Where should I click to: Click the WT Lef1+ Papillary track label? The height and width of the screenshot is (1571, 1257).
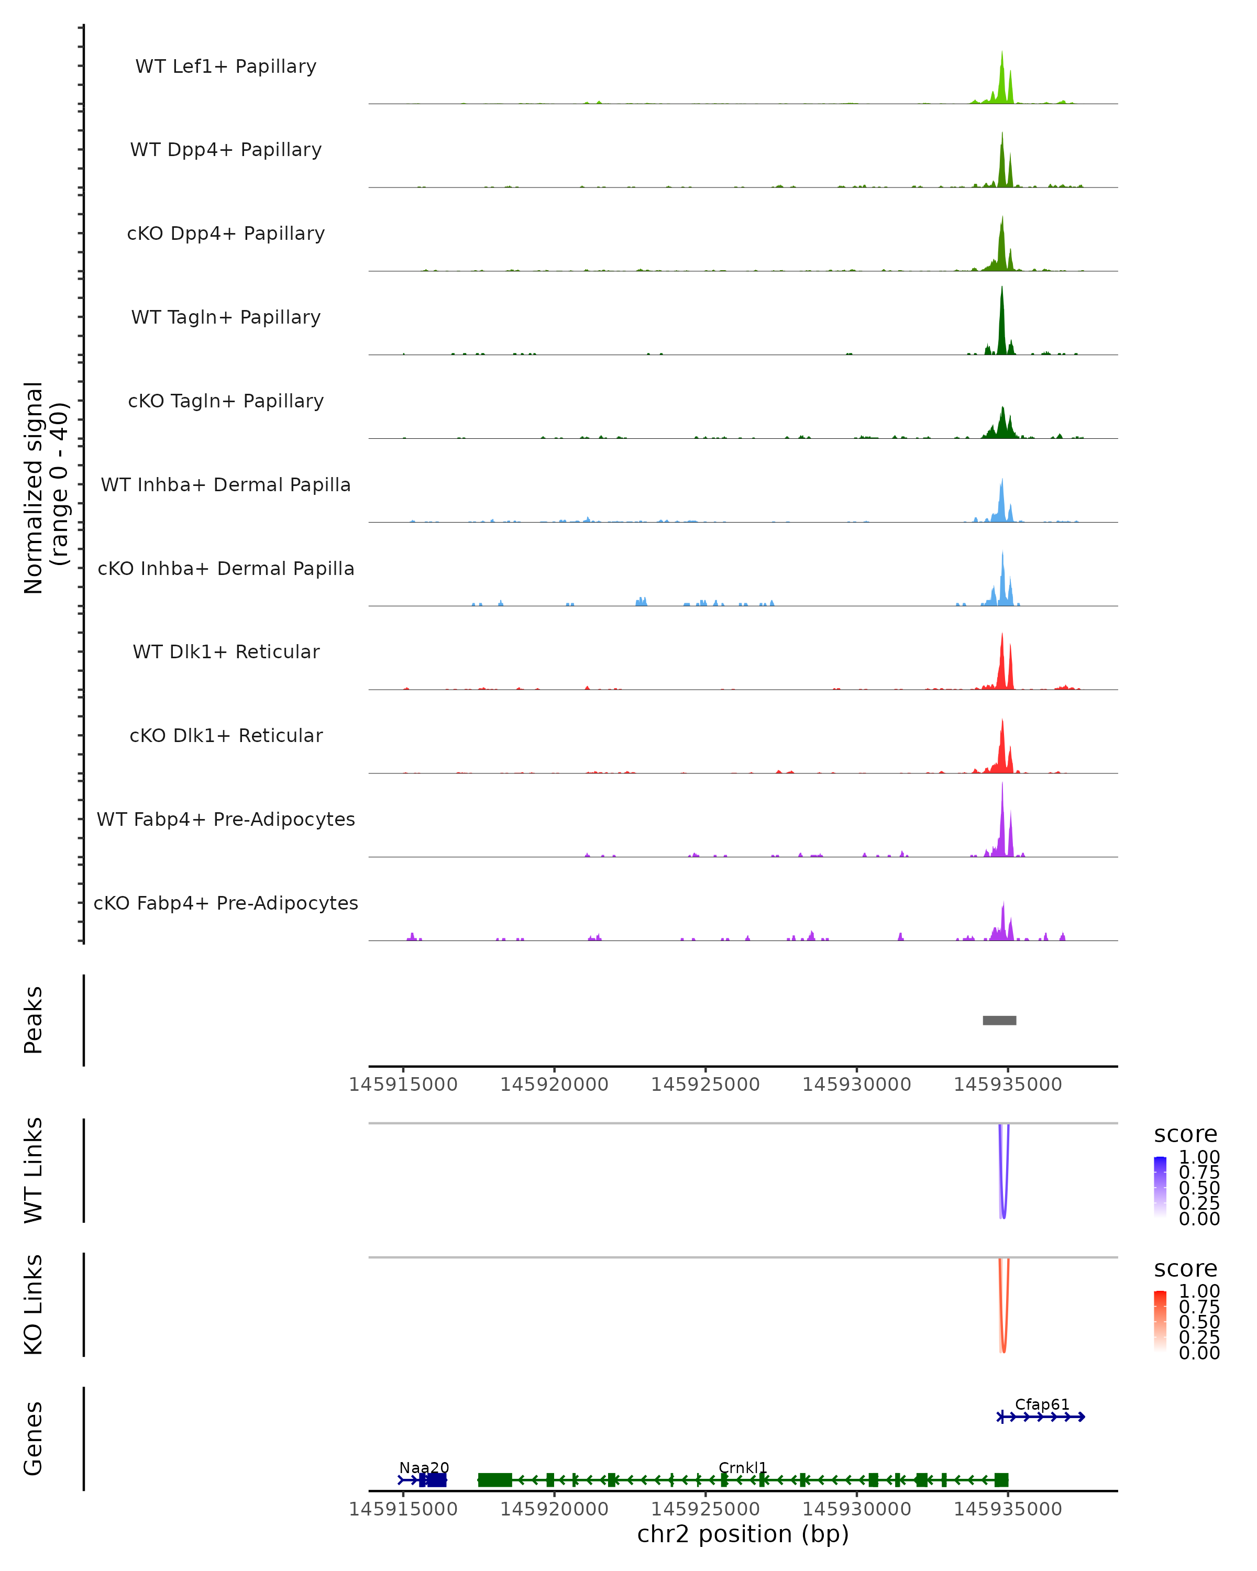tap(226, 67)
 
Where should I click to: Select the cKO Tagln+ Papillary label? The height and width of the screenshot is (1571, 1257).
tap(226, 401)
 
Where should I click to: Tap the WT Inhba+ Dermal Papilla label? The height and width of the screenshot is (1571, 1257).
tap(226, 484)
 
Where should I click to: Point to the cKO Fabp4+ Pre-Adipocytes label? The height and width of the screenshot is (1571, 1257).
tap(226, 903)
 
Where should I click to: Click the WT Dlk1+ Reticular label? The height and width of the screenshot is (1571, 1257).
tap(226, 651)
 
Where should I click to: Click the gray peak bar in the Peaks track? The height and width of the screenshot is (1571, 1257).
tap(999, 1020)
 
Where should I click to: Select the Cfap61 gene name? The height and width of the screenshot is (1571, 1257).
tap(1042, 1404)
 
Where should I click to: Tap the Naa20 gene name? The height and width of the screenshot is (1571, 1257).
tap(424, 1467)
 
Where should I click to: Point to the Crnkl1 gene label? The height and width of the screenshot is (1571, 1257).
tap(743, 1467)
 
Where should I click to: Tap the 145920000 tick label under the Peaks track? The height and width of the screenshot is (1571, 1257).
tap(554, 1085)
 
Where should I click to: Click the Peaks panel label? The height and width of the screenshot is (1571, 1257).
tap(34, 1020)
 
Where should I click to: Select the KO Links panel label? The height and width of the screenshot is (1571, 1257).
tap(34, 1304)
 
